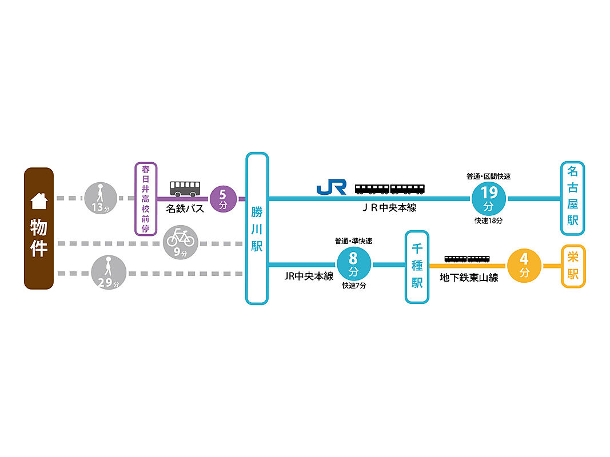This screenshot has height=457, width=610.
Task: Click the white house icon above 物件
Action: click(38, 201)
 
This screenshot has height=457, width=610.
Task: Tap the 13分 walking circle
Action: click(101, 198)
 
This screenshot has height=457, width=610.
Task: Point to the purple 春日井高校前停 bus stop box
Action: click(145, 199)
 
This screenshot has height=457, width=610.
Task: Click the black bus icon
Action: click(185, 189)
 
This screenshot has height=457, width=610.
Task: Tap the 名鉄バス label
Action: click(185, 209)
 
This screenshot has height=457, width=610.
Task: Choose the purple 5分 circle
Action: click(223, 199)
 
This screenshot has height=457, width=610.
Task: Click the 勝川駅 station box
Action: click(257, 228)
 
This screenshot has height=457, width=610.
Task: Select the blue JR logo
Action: click(332, 187)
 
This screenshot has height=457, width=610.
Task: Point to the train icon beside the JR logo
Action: click(390, 189)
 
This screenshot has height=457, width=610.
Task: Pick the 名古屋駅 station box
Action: click(572, 198)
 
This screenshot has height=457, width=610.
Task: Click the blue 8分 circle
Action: click(353, 264)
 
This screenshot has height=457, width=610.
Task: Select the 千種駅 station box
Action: click(417, 267)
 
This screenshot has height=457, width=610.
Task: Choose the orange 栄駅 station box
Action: click(573, 266)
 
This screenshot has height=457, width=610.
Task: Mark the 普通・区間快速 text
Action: click(488, 177)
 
